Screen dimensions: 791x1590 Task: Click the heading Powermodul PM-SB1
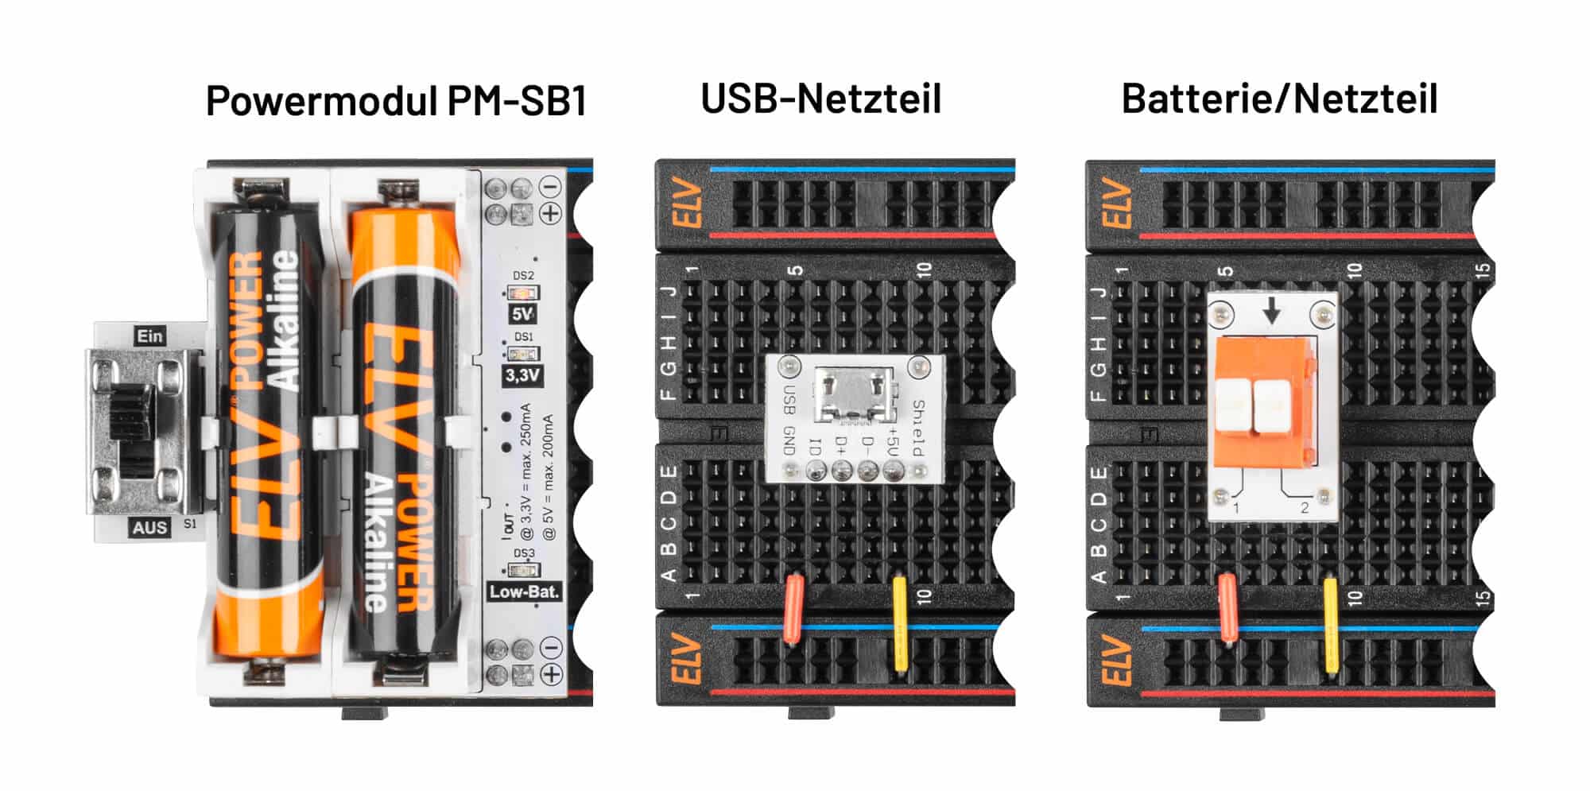pyautogui.click(x=396, y=101)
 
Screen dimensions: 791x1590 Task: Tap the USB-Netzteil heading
pyautogui.click(x=820, y=99)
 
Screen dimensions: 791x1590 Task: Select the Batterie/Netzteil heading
pyautogui.click(x=1279, y=99)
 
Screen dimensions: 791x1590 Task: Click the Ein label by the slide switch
pyautogui.click(x=149, y=336)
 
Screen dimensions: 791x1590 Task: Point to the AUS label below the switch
pyautogui.click(x=149, y=527)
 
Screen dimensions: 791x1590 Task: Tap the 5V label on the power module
pyautogui.click(x=522, y=315)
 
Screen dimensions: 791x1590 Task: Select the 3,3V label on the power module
pyautogui.click(x=522, y=375)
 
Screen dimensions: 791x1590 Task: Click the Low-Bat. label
pyautogui.click(x=524, y=591)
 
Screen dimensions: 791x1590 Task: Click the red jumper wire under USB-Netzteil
pyautogui.click(x=793, y=609)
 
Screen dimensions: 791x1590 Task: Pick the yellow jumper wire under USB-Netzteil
pyautogui.click(x=900, y=622)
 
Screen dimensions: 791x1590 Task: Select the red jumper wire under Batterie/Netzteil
pyautogui.click(x=1227, y=609)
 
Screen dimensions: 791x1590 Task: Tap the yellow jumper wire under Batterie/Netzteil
pyautogui.click(x=1330, y=622)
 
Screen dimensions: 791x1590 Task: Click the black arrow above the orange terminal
pyautogui.click(x=1272, y=310)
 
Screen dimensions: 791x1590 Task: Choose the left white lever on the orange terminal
pyautogui.click(x=1233, y=406)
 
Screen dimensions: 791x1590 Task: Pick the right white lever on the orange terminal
pyautogui.click(x=1270, y=406)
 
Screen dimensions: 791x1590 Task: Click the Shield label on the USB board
pyautogui.click(x=918, y=428)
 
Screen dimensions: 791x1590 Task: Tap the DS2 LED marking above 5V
pyautogui.click(x=523, y=276)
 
